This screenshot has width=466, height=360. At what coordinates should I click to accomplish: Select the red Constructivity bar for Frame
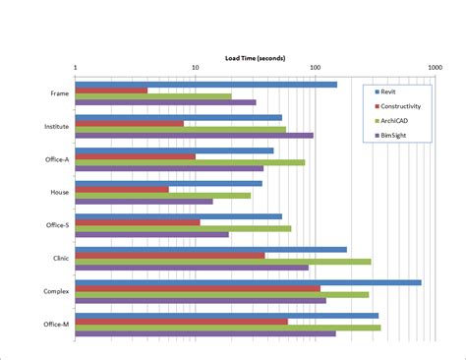(111, 90)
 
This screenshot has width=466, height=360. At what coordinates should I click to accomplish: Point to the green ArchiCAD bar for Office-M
(227, 328)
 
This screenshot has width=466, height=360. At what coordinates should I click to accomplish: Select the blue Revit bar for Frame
(205, 85)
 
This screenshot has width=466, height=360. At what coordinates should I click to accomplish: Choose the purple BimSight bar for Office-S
(151, 234)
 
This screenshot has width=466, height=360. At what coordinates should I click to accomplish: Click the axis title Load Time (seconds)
(255, 59)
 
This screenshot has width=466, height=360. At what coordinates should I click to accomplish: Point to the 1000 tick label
(434, 69)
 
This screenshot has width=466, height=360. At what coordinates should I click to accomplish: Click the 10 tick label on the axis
(195, 69)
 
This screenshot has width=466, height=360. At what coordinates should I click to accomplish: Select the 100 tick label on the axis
(315, 69)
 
